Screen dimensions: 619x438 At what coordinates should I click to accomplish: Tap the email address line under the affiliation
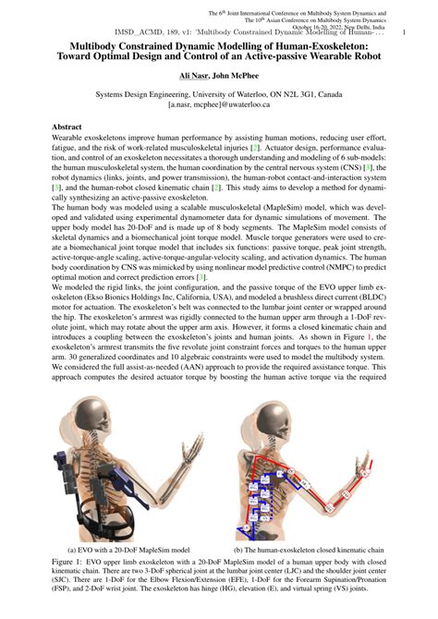click(x=219, y=105)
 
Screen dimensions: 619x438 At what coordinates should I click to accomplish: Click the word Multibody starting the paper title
click(x=84, y=45)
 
